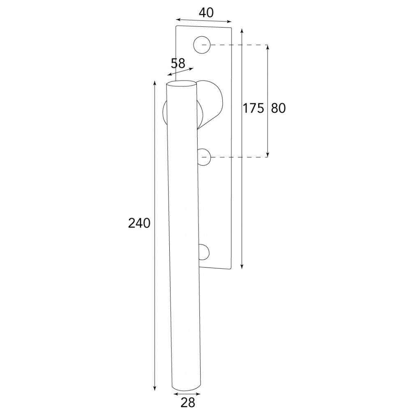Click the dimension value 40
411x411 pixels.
(206, 13)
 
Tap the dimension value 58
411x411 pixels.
(178, 63)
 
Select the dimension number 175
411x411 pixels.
(253, 108)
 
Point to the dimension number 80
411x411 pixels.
(278, 108)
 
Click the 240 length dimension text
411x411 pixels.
(139, 223)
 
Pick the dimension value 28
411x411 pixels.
(188, 402)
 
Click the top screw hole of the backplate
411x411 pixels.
(202, 45)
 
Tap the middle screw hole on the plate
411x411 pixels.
(204, 157)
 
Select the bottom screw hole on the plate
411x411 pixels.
(204, 252)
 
